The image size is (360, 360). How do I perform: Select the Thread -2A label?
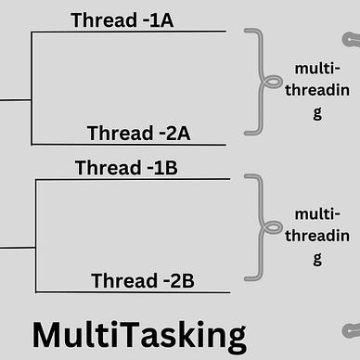point(138,133)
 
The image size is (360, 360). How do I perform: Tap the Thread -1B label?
point(126,167)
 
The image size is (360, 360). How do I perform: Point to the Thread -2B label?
point(143,280)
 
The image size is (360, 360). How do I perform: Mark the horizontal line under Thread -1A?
point(130,32)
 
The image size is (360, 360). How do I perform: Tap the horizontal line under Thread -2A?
point(130,145)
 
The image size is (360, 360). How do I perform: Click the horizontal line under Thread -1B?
point(130,179)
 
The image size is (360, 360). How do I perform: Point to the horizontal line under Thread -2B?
point(130,292)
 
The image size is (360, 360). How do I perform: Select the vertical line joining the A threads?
point(32,88)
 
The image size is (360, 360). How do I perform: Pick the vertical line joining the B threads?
point(35,236)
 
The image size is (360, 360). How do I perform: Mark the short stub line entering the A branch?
point(15,98)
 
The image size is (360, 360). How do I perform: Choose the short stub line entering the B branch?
point(17,248)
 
